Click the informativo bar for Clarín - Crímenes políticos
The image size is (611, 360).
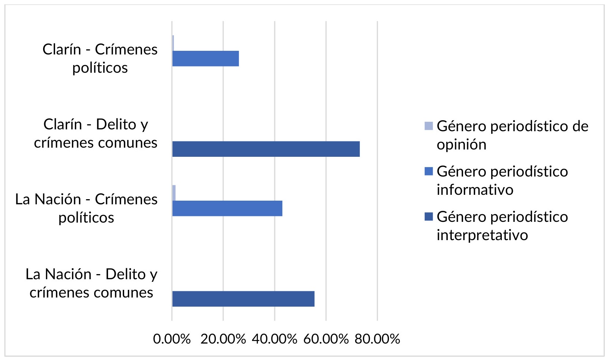point(206,58)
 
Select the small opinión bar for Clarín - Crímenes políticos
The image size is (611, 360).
point(173,43)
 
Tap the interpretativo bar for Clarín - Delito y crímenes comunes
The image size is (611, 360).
point(266,149)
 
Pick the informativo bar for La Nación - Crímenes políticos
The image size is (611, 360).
point(227,208)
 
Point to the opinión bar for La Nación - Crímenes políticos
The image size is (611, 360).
point(174,193)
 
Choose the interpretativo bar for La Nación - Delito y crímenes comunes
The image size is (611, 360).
point(243,299)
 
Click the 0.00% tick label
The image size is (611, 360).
point(172,339)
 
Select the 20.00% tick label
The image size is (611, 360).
point(223,339)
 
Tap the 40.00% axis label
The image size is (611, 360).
point(275,339)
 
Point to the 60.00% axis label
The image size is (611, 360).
point(326,339)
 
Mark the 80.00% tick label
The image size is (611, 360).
point(378,339)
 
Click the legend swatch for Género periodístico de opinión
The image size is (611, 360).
point(429,126)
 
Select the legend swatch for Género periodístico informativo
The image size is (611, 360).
point(429,171)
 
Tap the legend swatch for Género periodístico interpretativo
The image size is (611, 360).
point(429,216)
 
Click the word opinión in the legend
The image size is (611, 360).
point(462,145)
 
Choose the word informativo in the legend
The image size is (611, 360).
point(475,190)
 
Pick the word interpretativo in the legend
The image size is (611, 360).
point(482,235)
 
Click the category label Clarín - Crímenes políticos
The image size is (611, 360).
point(100,58)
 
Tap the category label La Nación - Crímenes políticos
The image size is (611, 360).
point(86,208)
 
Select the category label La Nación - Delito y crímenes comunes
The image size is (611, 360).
point(91,283)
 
